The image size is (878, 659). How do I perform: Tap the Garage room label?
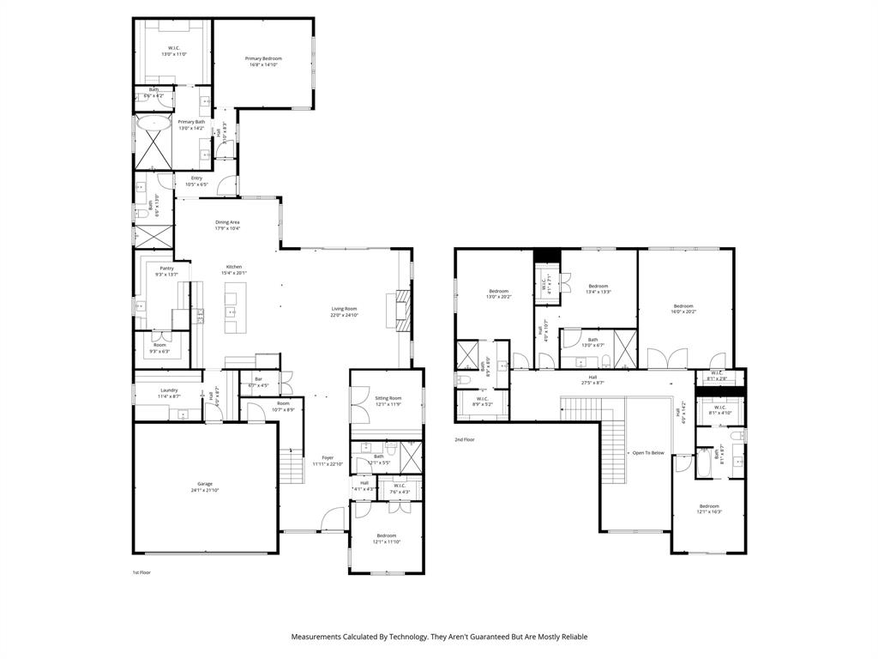pyautogui.click(x=205, y=484)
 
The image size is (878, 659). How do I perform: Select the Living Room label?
pyautogui.click(x=345, y=309)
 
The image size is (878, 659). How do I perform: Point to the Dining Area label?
pyautogui.click(x=227, y=222)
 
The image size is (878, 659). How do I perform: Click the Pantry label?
pyautogui.click(x=165, y=269)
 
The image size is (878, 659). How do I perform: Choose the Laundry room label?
pyautogui.click(x=169, y=390)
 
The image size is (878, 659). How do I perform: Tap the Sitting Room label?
pyautogui.click(x=388, y=398)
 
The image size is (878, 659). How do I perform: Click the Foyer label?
pyautogui.click(x=327, y=458)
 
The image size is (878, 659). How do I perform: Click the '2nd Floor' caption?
pyautogui.click(x=465, y=439)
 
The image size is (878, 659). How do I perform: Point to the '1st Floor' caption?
pyautogui.click(x=141, y=571)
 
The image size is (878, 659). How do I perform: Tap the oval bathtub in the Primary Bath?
pyautogui.click(x=155, y=124)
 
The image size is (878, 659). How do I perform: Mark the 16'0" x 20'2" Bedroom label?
pyautogui.click(x=683, y=306)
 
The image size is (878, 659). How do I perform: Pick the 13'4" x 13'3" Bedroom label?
pyautogui.click(x=598, y=287)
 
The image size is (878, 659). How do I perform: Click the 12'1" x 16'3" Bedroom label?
pyautogui.click(x=708, y=506)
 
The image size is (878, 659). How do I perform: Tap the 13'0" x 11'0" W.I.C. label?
pyautogui.click(x=174, y=48)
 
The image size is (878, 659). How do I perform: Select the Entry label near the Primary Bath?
pyautogui.click(x=196, y=178)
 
